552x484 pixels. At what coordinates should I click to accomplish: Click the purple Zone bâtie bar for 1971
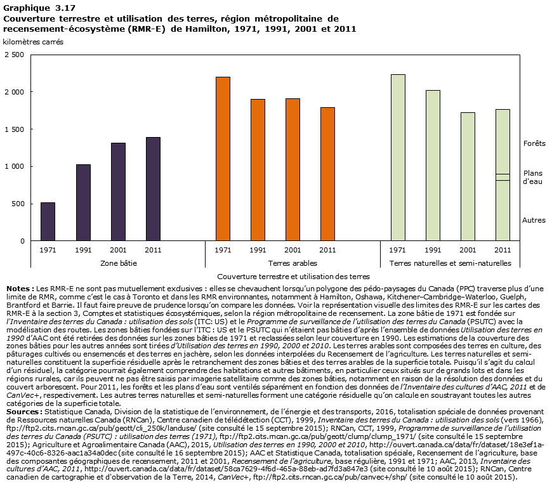coord(48,221)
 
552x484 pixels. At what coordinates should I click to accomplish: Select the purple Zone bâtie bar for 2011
coord(153,189)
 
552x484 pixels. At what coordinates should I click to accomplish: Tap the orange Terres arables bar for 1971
coord(223,159)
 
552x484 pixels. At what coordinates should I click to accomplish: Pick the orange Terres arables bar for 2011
coord(327,174)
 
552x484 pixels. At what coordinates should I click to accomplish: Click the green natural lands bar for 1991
coord(433,166)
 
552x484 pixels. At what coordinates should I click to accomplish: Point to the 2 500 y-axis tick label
coord(13,55)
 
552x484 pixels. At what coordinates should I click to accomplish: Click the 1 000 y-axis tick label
coord(13,167)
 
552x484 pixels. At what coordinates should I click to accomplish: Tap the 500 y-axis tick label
coord(18,204)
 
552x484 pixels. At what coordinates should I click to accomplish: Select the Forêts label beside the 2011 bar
coord(534,144)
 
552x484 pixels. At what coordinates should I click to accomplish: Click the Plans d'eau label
coord(532,177)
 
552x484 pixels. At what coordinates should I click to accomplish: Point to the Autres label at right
coord(534,220)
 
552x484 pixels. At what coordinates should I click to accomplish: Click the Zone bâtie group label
coord(119,263)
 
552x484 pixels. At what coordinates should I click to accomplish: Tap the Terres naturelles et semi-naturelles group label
coord(450,263)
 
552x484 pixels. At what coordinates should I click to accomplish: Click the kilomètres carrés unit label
coord(33,41)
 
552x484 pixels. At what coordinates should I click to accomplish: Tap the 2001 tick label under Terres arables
coord(292,250)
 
